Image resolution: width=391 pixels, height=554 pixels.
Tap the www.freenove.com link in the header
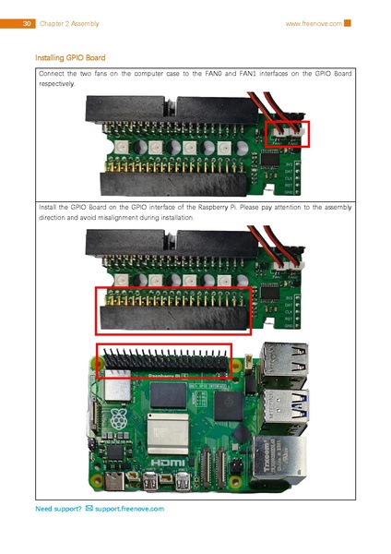314,23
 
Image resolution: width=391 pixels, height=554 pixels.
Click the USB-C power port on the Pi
115,481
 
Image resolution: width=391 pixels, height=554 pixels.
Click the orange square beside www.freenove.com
348,23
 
